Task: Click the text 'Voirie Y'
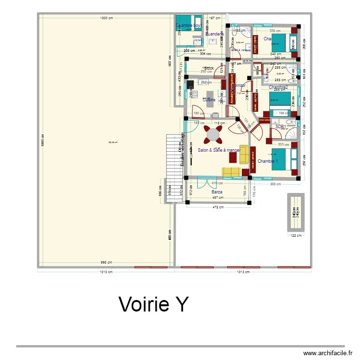154,304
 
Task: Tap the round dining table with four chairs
213,135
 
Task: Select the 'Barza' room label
217,192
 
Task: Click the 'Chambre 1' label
267,161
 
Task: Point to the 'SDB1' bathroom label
281,127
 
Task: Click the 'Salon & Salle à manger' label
219,150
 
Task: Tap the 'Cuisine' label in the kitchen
209,100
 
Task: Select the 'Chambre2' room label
278,87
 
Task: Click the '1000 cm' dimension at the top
106,18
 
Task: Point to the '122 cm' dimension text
295,235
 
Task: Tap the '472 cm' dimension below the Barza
218,207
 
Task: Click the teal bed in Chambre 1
282,160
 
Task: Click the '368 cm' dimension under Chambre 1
275,184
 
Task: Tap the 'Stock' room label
209,68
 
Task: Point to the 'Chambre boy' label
188,25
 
